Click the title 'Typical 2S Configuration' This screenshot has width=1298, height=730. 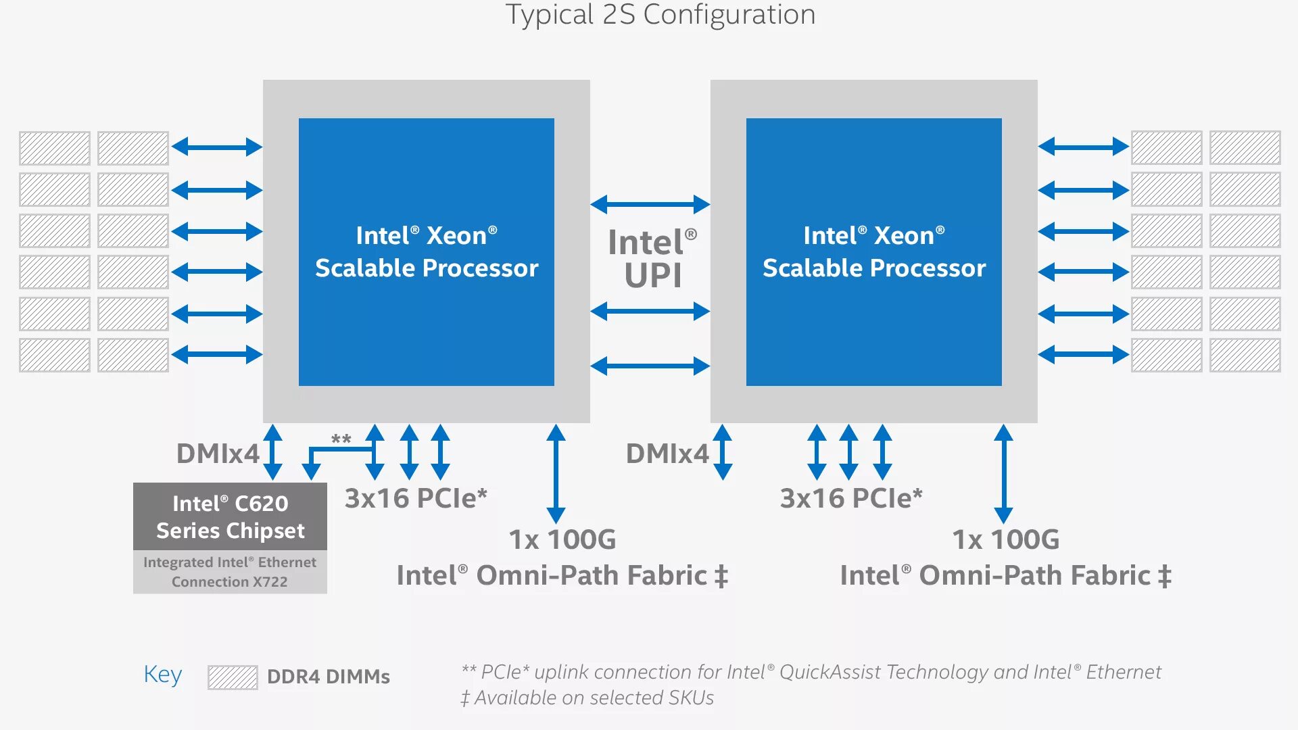660,15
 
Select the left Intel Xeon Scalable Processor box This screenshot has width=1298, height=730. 427,251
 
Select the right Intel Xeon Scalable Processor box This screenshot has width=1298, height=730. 874,251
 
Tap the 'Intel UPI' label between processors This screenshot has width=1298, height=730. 652,259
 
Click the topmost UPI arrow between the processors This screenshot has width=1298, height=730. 650,204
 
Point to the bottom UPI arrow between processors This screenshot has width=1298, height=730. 650,366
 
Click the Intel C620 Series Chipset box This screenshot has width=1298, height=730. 230,516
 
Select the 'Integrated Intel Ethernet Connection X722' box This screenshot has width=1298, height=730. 230,572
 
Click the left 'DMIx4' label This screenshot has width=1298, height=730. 218,454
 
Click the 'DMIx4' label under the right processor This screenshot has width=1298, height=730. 667,454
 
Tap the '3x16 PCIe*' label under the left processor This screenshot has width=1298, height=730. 416,498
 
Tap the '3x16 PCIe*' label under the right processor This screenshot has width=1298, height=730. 851,498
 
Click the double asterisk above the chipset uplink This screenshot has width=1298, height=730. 341,440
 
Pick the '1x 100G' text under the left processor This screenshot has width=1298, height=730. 562,539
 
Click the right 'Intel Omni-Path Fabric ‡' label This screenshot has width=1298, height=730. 1005,576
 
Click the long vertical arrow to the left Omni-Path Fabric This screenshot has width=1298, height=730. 556,474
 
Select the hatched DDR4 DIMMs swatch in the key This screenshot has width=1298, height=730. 233,677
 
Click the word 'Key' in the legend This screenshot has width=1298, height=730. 162,675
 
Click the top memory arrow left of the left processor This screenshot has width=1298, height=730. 217,147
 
